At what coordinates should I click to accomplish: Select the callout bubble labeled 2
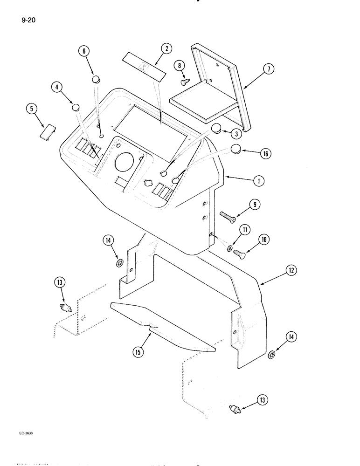coord(166,48)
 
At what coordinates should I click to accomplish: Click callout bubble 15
coord(138,352)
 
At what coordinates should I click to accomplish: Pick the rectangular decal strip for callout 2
coord(144,67)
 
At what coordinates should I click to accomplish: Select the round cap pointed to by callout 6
coord(96,79)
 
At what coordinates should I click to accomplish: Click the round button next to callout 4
coord(76,109)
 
